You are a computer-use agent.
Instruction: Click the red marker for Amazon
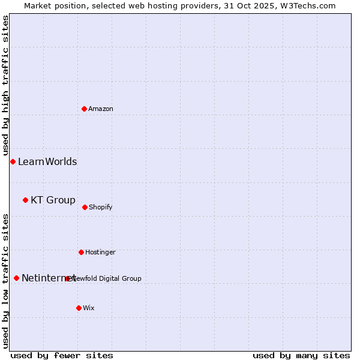pos(84,109)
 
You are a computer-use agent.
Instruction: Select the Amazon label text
pos(101,109)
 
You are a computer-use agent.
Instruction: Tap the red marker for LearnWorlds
pos(13,161)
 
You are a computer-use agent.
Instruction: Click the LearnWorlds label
pos(47,162)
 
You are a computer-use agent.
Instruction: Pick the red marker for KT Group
pos(25,200)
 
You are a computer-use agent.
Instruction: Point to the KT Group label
pos(53,200)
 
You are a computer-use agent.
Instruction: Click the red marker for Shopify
pos(85,207)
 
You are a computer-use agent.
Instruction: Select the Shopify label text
pos(101,208)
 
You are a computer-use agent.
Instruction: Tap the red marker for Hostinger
pos(81,252)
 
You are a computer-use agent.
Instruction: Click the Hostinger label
pos(100,253)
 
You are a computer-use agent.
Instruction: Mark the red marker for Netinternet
pos(16,278)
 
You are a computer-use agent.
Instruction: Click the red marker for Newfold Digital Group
pos(67,278)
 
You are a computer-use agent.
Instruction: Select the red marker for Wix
pos(79,308)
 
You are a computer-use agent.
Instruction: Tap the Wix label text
pos(89,308)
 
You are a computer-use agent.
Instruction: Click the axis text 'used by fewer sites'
pos(62,356)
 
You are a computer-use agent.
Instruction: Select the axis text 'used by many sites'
pos(301,356)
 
